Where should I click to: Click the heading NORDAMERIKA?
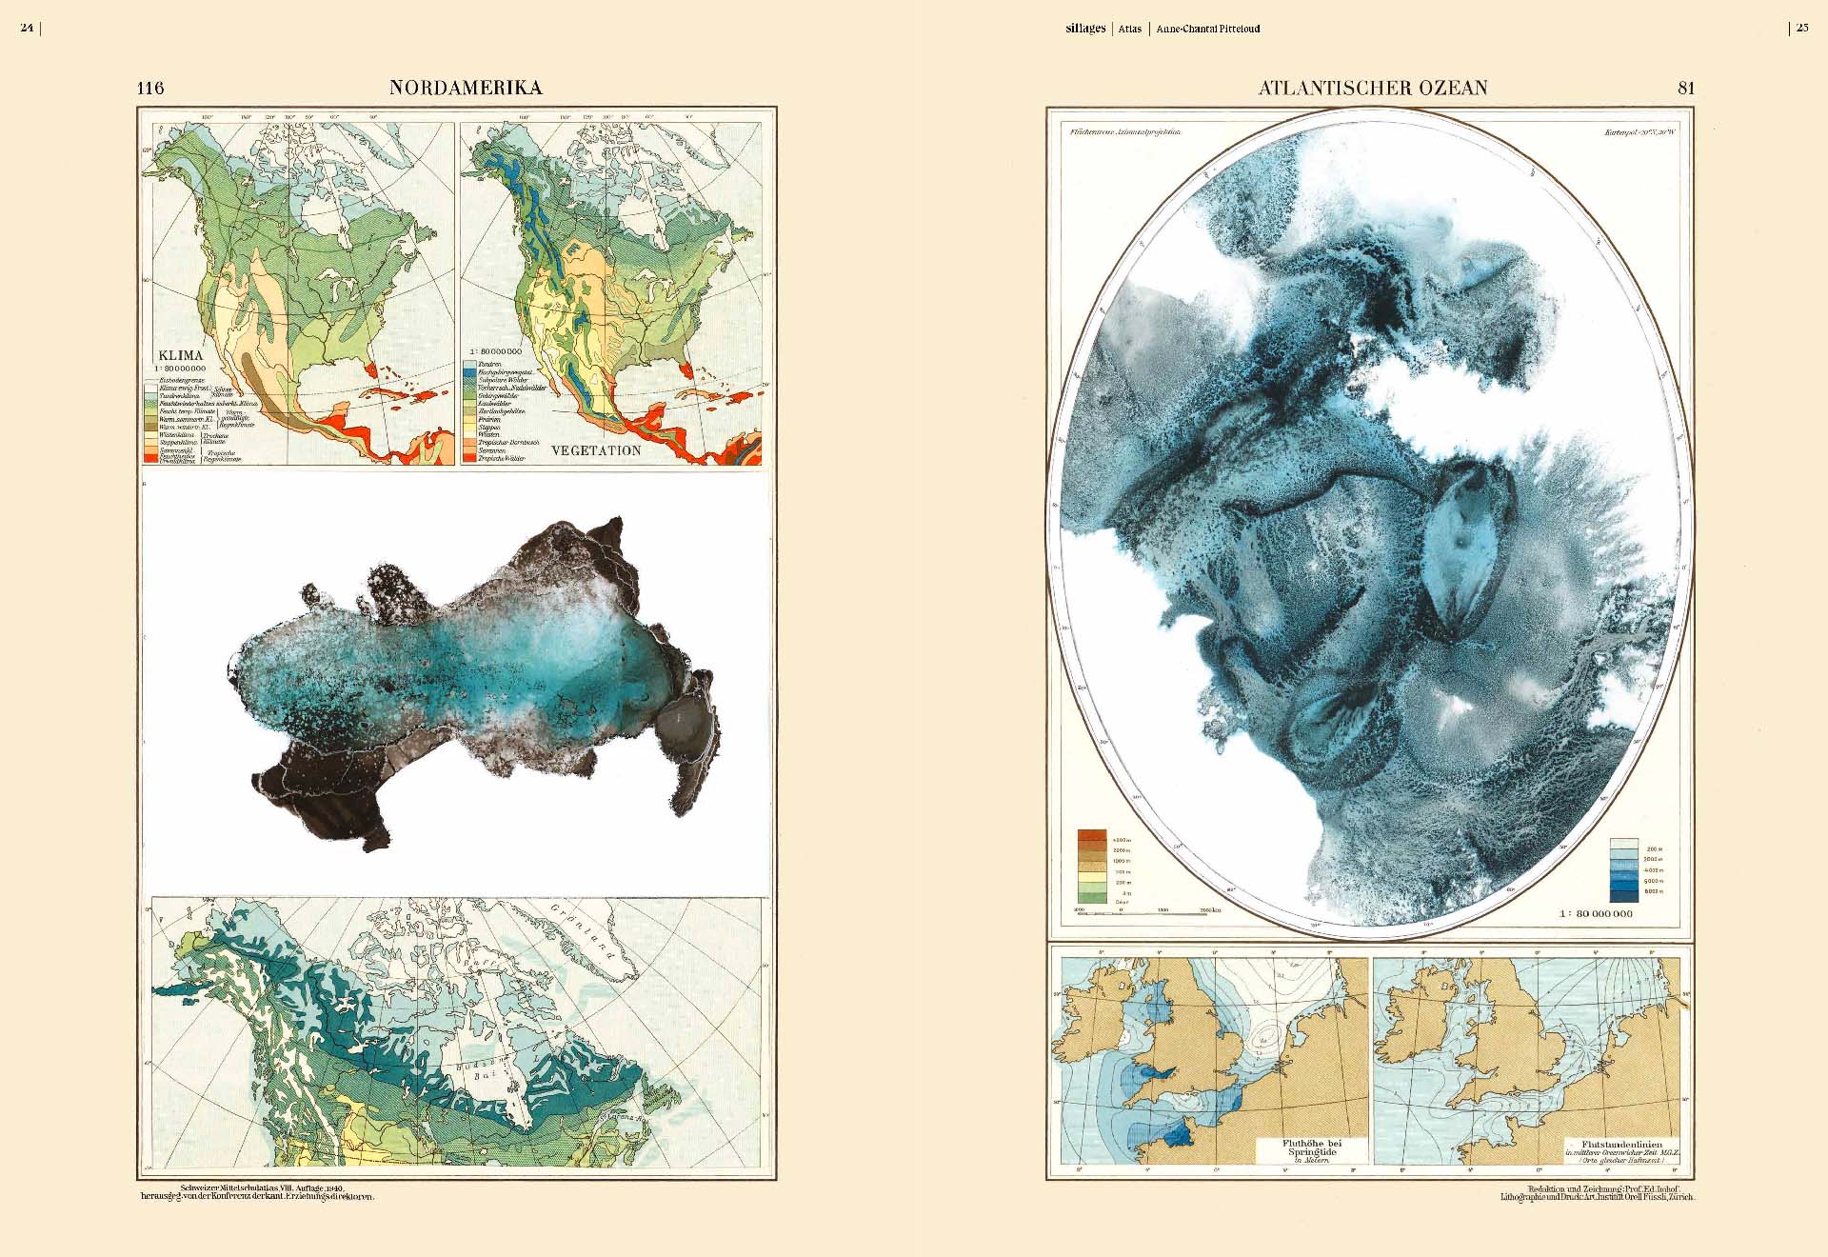466,88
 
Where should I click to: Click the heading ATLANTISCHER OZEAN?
1373,88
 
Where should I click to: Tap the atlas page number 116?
150,88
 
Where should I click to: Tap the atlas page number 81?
1686,88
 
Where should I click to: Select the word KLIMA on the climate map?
180,355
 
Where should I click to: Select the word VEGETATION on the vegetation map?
596,450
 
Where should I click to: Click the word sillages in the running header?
1085,29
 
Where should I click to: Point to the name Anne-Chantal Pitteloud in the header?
1208,29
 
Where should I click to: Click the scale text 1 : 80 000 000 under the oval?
1596,913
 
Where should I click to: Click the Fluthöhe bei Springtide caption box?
1311,1150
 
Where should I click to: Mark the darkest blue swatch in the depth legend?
1623,892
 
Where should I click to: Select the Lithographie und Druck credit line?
1597,1197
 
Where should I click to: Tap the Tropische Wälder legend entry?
502,459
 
